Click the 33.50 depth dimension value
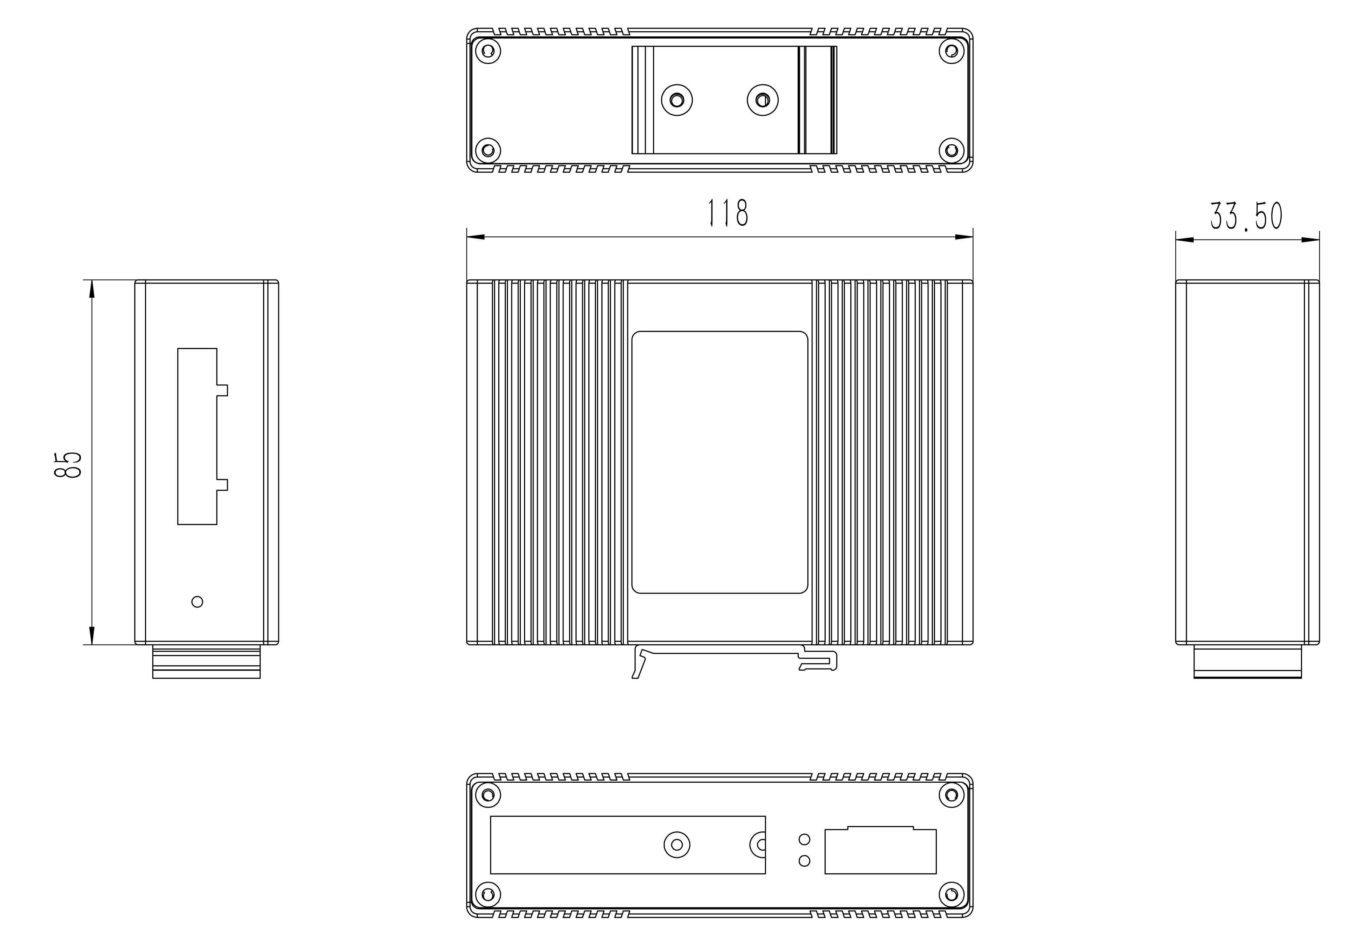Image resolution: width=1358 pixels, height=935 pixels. tap(1246, 216)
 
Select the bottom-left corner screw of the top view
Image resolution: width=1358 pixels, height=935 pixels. tap(487, 151)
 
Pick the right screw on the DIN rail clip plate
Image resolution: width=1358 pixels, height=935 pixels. tap(762, 100)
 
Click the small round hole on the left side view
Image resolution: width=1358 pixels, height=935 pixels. tap(197, 602)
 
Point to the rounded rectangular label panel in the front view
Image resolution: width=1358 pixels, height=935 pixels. tap(720, 462)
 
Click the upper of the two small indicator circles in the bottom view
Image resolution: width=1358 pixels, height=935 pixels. tap(805, 839)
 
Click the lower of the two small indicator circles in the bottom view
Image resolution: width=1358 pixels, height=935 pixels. tap(805, 860)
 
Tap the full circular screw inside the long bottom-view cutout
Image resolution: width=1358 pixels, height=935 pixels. tap(677, 845)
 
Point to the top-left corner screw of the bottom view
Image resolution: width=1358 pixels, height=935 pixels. tap(487, 795)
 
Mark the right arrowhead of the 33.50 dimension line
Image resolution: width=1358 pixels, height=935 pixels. tap(1310, 240)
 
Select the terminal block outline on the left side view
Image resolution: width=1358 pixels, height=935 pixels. tap(198, 437)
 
